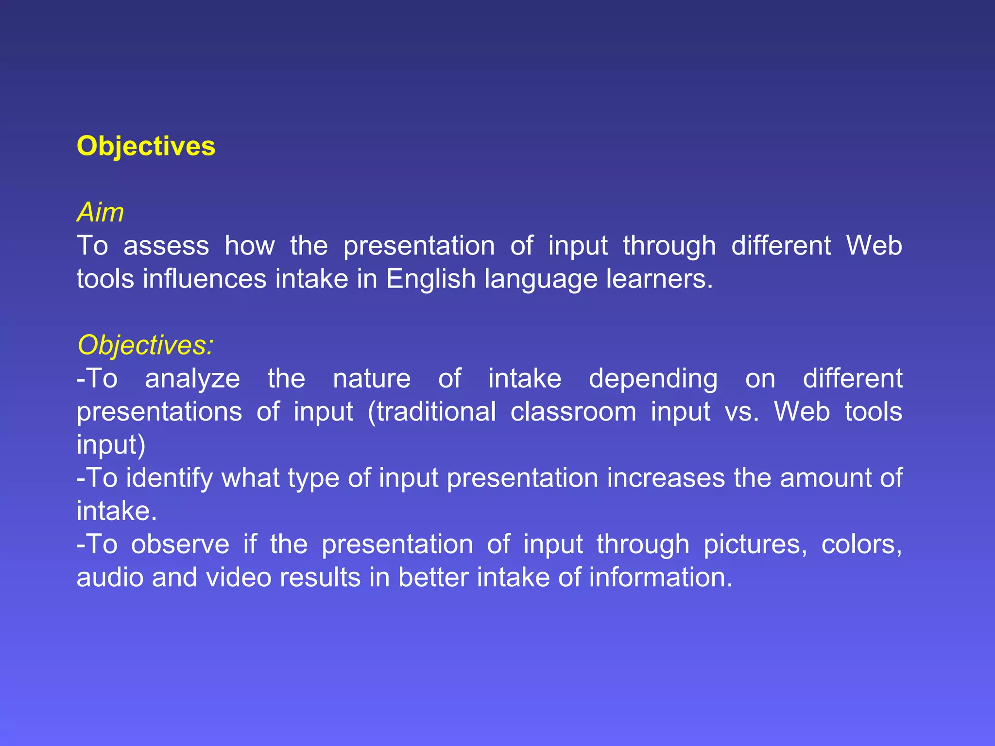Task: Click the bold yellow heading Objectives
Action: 146,146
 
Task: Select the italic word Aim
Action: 100,213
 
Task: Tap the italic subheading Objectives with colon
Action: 145,345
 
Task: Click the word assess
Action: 166,246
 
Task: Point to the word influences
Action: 205,279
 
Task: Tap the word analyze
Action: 192,379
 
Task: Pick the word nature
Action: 372,378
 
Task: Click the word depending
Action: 653,379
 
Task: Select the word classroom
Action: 573,411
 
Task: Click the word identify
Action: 170,478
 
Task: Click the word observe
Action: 180,544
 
